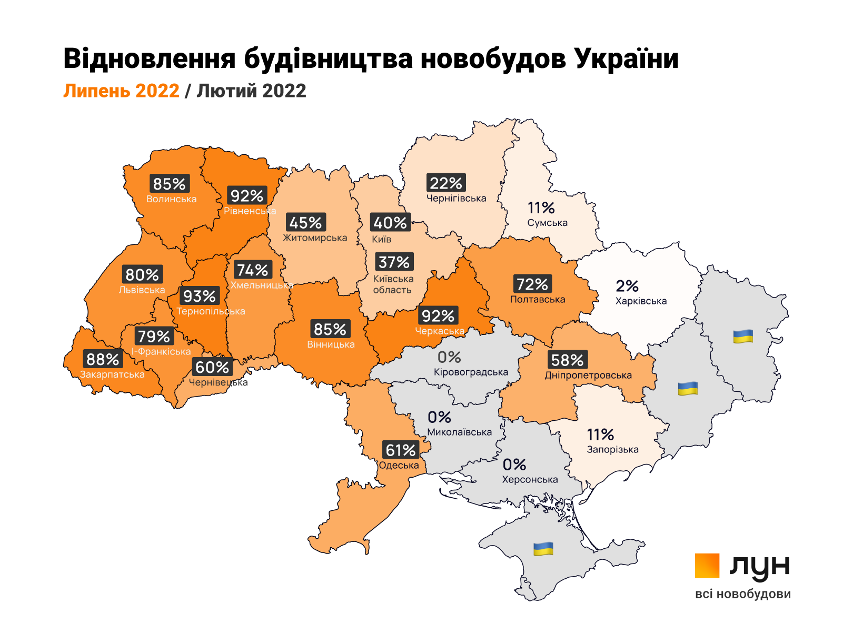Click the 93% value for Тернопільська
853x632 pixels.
(x=200, y=296)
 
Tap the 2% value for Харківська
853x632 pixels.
(x=627, y=286)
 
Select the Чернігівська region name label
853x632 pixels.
(x=457, y=199)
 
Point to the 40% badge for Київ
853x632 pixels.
(x=390, y=223)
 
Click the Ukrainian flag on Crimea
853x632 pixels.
(x=543, y=549)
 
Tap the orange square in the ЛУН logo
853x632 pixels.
(x=707, y=566)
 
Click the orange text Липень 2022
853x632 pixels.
(x=122, y=91)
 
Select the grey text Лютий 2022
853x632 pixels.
(x=251, y=91)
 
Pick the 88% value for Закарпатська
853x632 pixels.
(x=103, y=360)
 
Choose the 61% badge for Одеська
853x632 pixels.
(x=401, y=450)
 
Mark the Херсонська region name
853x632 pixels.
(x=530, y=480)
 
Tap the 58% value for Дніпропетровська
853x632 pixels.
(x=567, y=360)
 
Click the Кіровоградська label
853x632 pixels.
(x=471, y=372)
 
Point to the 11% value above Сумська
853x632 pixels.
(x=541, y=208)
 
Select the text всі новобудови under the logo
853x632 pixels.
(x=743, y=594)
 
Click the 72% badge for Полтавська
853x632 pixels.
(x=532, y=284)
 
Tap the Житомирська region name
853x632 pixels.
(x=315, y=238)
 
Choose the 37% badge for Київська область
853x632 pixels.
(x=394, y=262)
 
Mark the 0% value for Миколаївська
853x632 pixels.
(x=439, y=418)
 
